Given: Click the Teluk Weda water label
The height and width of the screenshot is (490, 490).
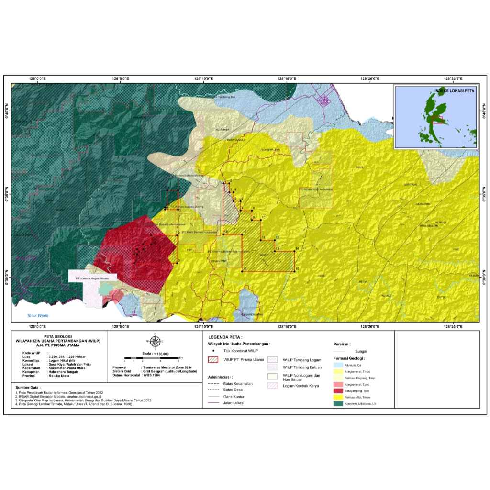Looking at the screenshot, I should click(x=37, y=315).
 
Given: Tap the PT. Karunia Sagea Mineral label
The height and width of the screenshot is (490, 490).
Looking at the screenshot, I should click(x=89, y=278).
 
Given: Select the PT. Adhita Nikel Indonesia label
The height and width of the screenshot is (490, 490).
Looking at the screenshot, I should click(x=315, y=189).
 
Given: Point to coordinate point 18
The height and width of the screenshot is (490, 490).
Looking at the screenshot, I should click(x=223, y=234).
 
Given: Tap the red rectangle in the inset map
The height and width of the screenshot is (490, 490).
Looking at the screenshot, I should click(x=437, y=120).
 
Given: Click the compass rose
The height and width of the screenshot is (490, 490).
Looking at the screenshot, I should click(x=155, y=341).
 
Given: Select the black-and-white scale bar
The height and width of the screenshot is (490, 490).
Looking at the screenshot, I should click(x=151, y=358).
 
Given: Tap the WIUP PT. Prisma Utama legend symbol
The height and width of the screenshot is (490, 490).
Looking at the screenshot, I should click(x=213, y=359).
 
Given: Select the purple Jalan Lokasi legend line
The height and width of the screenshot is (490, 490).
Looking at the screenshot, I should click(x=214, y=403).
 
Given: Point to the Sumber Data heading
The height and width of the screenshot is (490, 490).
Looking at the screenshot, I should click(x=28, y=387).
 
